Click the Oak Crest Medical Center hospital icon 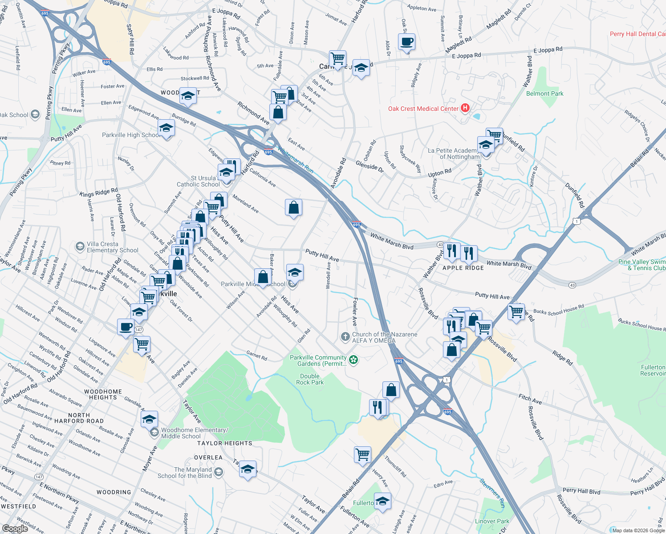point(465,108)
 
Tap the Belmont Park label point(544,93)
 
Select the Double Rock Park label point(310,379)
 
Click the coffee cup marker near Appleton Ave point(406,42)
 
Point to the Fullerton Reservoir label point(653,370)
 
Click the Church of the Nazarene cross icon point(345,337)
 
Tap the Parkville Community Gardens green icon point(353,360)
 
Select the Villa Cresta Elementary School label point(112,247)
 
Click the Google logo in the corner point(15,528)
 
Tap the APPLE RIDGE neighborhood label point(463,268)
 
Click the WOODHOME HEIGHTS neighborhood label point(103,394)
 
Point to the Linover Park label point(492,521)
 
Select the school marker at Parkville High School point(166,129)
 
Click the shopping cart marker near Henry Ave point(362,455)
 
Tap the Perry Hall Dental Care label point(637,34)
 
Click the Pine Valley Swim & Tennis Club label point(642,265)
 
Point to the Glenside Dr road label point(370,167)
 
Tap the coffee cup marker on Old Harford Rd point(126,328)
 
